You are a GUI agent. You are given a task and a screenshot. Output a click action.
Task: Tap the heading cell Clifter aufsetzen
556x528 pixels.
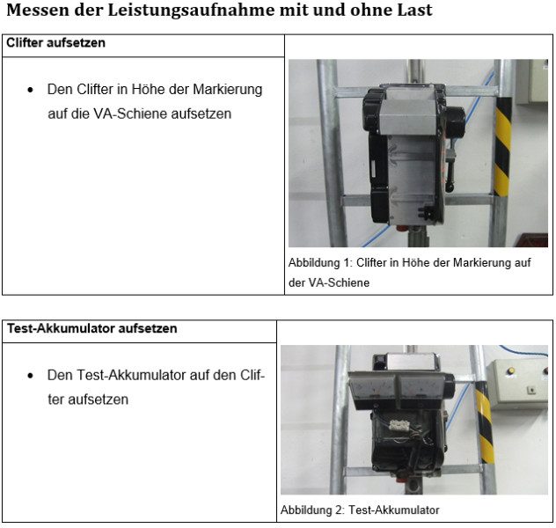tap(55, 42)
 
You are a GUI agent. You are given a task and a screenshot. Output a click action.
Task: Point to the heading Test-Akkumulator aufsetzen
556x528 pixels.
tap(91, 328)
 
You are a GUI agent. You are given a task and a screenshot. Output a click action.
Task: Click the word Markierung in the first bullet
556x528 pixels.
tap(227, 90)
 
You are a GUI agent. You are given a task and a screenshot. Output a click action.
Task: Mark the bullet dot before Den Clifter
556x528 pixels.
tap(30, 90)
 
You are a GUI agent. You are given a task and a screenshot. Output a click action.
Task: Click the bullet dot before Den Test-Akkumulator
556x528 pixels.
tap(30, 376)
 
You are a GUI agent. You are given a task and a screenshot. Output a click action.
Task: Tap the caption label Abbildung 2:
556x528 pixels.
tap(312, 510)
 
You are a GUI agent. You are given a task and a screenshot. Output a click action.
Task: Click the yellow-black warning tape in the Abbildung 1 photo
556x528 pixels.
tap(503, 146)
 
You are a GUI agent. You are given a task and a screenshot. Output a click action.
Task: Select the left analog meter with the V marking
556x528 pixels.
tap(373, 387)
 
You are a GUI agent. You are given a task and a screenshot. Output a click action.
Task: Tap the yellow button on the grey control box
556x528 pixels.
tap(510, 370)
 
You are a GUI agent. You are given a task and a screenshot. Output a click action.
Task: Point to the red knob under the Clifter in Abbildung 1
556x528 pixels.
tap(402, 228)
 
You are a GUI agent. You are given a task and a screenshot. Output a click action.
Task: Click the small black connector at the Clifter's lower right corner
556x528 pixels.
tap(425, 211)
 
